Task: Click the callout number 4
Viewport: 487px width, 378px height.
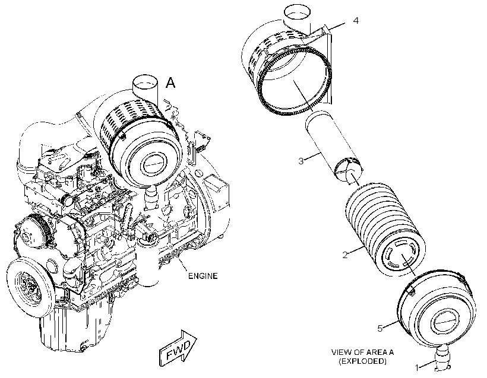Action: (x=356, y=21)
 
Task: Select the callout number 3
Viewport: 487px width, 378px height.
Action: (x=301, y=161)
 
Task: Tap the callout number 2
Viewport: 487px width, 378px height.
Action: (x=345, y=255)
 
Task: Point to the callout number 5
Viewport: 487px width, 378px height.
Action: (x=380, y=328)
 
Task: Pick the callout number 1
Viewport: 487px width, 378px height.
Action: (x=418, y=368)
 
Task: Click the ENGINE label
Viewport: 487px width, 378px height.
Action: (x=203, y=275)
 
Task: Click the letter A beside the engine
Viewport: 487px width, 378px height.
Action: (x=170, y=83)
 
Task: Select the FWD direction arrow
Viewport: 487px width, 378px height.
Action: (x=178, y=348)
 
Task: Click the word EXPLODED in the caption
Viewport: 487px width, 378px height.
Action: (x=362, y=361)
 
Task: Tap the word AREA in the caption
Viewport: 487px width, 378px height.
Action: (x=375, y=352)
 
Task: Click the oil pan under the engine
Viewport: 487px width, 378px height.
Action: (x=75, y=329)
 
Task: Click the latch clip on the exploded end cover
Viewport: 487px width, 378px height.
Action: (x=411, y=291)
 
